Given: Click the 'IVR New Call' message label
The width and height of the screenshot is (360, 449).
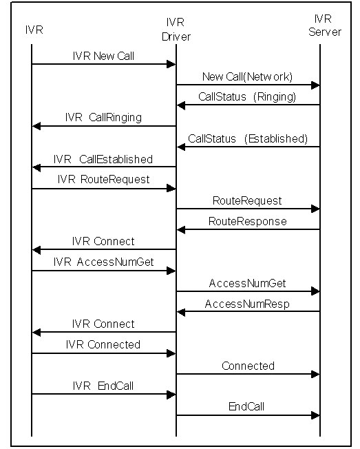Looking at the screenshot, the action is point(103,56).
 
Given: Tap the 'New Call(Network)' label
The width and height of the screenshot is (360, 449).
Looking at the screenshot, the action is point(248,76).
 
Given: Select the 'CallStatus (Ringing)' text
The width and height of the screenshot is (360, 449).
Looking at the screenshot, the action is point(247,97).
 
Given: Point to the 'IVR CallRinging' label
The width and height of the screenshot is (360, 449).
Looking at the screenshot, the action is point(103,117).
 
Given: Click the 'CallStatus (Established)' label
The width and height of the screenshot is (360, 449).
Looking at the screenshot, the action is point(248,138).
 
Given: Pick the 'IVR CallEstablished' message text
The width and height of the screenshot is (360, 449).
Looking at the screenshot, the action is point(103,159).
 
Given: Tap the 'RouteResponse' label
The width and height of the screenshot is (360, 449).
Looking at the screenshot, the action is point(248,221).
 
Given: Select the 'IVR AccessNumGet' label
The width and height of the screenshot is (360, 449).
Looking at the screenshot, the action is point(103,262).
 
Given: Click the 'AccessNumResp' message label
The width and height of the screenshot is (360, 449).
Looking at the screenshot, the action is point(247,304).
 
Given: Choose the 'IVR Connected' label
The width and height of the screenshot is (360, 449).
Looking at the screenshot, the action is point(103,344).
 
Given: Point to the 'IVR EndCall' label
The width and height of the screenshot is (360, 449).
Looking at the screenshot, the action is point(103,386).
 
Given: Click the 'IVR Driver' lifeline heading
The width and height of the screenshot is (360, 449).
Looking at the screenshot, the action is point(176,30).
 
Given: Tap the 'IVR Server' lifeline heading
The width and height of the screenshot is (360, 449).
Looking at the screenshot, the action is point(324,25).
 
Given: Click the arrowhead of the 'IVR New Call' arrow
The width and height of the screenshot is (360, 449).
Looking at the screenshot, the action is point(171,64).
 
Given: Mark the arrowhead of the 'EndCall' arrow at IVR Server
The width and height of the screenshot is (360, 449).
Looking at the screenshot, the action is point(315,415).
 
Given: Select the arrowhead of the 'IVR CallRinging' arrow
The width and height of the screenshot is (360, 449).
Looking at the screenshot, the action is point(36,126).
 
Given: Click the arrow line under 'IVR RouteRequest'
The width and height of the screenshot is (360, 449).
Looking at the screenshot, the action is point(103,189).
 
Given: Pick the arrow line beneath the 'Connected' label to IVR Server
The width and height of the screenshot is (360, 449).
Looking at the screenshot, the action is point(248,374).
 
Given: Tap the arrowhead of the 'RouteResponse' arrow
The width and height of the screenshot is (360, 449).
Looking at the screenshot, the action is point(181,229).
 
